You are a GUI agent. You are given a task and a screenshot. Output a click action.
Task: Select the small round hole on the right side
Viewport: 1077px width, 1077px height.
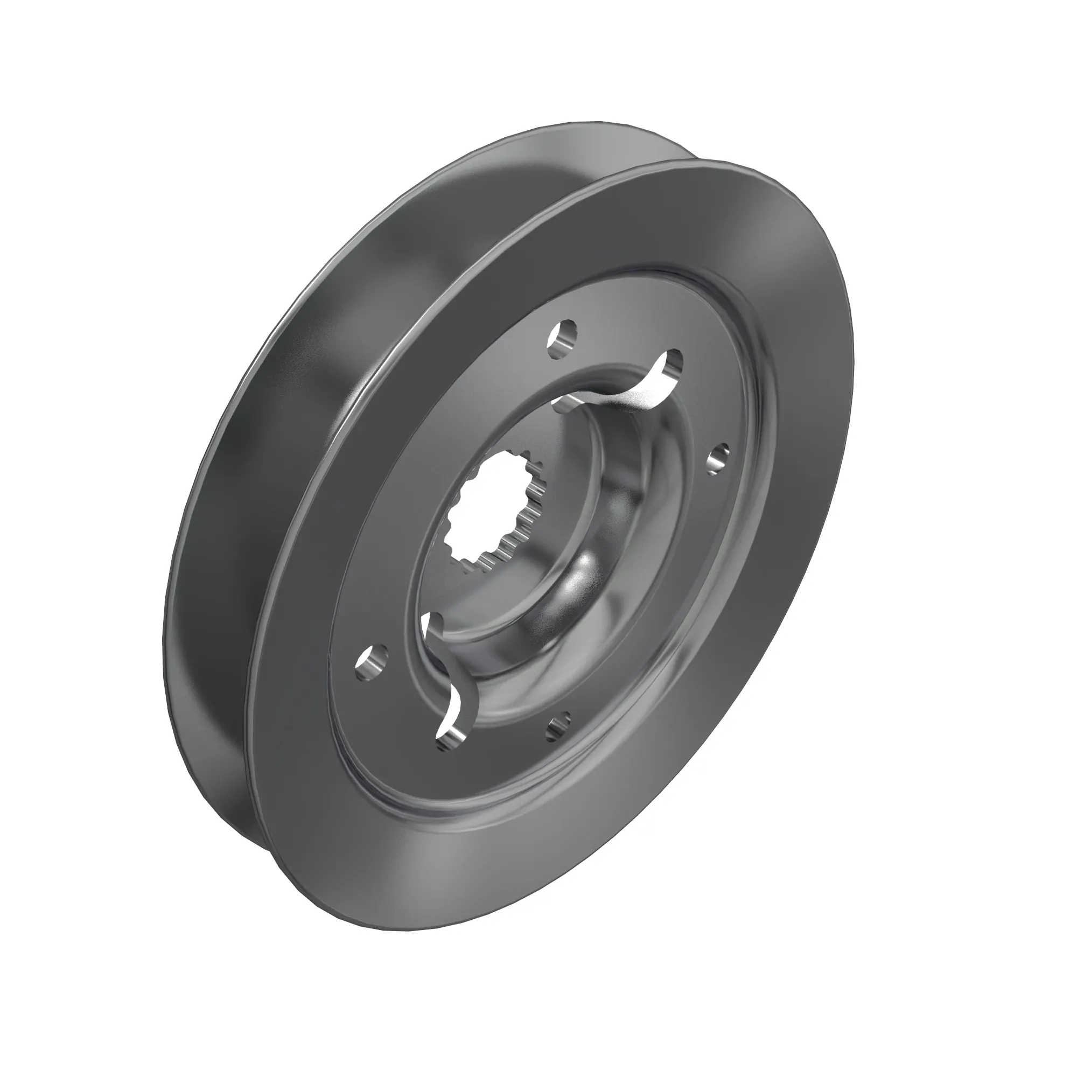click(x=719, y=457)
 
